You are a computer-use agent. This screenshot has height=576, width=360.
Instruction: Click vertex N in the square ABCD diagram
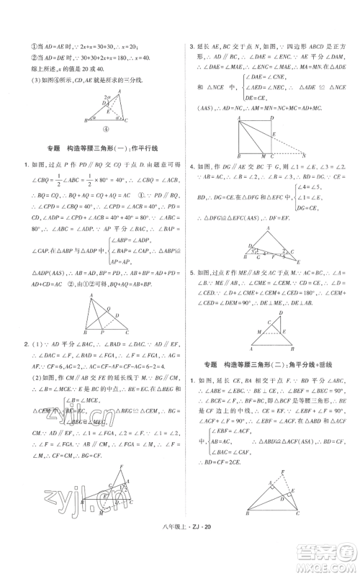[x=304, y=155]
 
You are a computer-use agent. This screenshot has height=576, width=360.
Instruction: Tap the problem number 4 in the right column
[x=191, y=166]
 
